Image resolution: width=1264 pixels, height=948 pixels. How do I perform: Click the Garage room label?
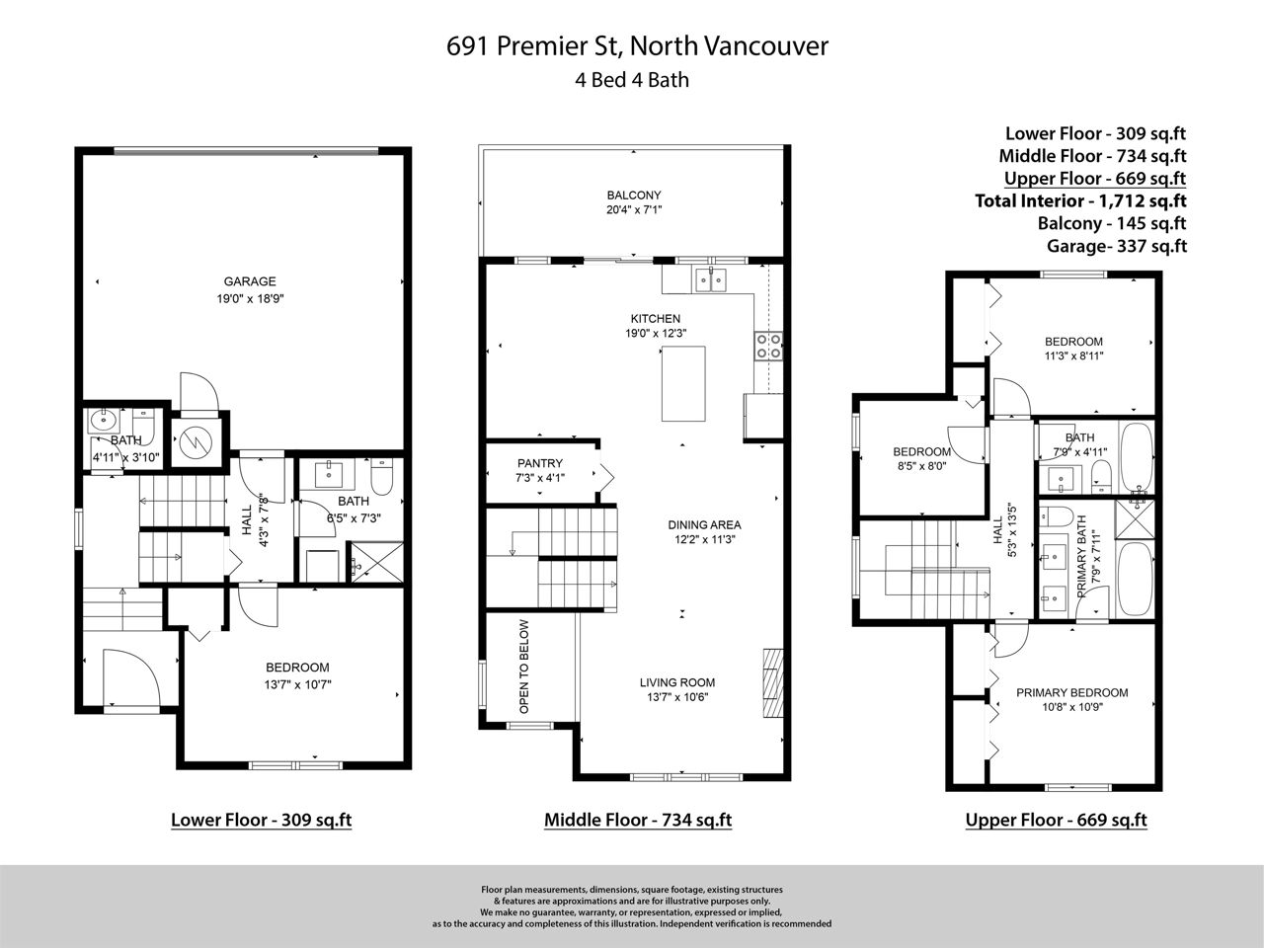[x=250, y=281]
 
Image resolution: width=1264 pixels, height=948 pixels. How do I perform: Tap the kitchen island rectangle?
[x=683, y=384]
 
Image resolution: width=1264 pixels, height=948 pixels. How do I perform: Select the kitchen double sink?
[x=711, y=280]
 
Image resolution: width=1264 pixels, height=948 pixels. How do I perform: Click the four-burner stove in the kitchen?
[x=768, y=346]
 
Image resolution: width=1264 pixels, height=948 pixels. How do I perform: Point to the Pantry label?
[x=539, y=463]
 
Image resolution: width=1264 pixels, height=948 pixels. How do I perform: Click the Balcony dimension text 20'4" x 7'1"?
[x=634, y=210]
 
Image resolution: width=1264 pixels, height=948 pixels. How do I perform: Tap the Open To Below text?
[x=524, y=666]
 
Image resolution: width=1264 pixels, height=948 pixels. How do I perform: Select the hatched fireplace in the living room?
[x=773, y=683]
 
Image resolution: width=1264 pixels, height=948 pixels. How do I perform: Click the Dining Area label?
[x=704, y=525]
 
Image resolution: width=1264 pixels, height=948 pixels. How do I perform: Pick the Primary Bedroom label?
[x=1071, y=692]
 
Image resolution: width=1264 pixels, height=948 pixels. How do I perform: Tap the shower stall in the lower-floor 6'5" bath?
[x=377, y=562]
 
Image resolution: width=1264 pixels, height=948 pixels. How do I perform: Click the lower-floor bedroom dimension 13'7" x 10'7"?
[x=297, y=685]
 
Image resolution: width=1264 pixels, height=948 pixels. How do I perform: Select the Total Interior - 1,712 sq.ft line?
[x=1080, y=200]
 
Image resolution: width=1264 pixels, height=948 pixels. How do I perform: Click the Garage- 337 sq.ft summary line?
[x=1117, y=246]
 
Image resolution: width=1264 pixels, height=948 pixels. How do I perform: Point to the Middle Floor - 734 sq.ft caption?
[x=638, y=820]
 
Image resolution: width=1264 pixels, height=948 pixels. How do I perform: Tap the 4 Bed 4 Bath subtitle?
[x=632, y=79]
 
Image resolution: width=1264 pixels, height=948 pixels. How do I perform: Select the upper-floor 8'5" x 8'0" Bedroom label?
[x=921, y=452]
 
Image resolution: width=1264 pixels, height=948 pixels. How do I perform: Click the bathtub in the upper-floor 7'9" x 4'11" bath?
[x=1137, y=457]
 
